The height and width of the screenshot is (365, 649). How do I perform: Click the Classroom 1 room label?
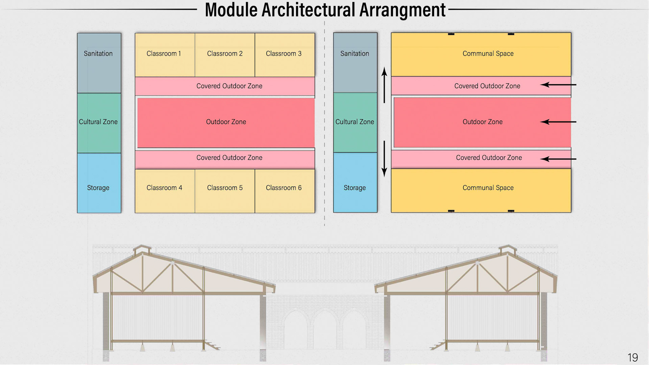click(x=164, y=53)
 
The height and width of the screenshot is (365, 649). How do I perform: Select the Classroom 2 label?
click(x=225, y=53)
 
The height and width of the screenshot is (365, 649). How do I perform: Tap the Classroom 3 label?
click(x=284, y=53)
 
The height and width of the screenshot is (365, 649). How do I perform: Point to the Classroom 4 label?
click(x=164, y=188)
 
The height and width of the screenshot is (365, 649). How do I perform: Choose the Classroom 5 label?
click(x=225, y=188)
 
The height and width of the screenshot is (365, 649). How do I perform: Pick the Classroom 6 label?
click(x=284, y=188)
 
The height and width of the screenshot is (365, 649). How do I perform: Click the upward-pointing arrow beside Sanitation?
click(x=384, y=85)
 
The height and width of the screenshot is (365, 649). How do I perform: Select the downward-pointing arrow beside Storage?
click(x=384, y=159)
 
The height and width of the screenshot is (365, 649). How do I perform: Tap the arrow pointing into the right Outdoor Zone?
click(x=558, y=122)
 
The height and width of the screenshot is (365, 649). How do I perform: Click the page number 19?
click(x=632, y=358)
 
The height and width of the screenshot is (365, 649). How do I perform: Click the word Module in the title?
click(x=231, y=10)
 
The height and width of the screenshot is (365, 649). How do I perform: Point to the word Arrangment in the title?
click(x=402, y=10)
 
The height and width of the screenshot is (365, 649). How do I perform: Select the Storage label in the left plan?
click(x=98, y=188)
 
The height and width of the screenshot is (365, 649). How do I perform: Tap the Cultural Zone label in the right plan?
click(x=355, y=122)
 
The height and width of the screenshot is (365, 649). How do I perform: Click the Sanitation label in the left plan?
click(x=98, y=53)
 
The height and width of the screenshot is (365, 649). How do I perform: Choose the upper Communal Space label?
click(x=488, y=53)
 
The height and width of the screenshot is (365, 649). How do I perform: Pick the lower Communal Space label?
click(x=488, y=188)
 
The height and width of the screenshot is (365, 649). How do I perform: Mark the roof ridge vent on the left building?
click(x=142, y=250)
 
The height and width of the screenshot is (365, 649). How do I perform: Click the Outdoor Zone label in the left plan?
click(x=226, y=122)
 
